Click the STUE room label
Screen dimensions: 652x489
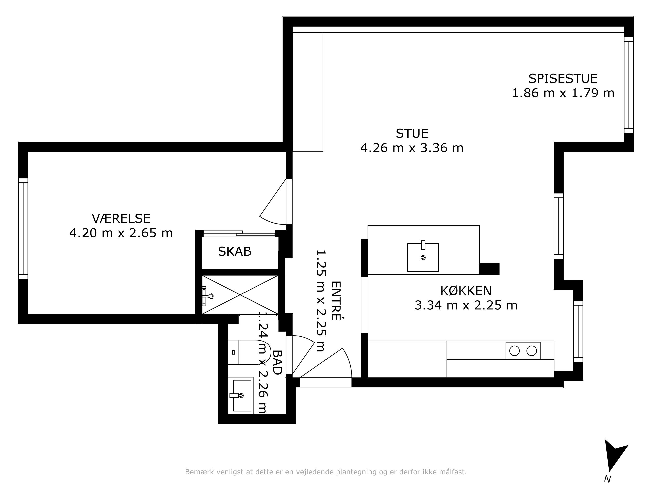412,133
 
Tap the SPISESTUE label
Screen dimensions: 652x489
563,79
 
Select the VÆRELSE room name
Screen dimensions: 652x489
121,218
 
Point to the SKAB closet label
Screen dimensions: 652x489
235,252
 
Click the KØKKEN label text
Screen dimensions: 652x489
466,291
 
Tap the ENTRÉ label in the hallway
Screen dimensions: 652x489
336,301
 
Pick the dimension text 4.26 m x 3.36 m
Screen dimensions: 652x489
412,148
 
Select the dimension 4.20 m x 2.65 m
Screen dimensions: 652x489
121,233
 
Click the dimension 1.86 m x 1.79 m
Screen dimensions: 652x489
563,93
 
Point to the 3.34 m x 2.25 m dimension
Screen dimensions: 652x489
466,305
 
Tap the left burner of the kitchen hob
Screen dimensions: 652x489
514,351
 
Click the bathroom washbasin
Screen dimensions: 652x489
240,395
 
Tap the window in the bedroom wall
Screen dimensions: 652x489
23,228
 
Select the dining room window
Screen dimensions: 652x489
629,85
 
